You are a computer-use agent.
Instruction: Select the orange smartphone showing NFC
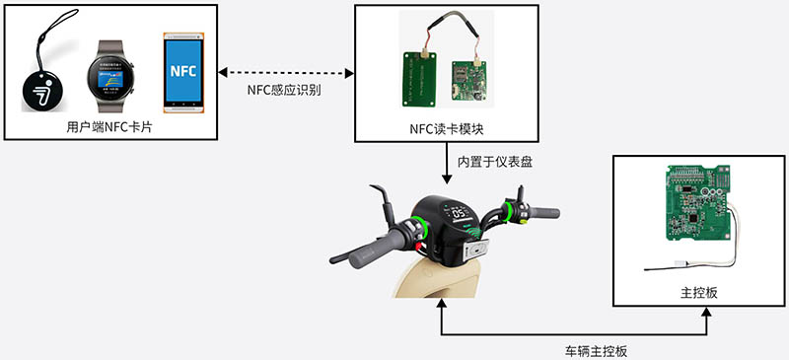coord(183,71)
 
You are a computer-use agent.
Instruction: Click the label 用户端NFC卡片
coord(108,127)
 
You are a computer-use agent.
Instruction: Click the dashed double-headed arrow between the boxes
coord(285,71)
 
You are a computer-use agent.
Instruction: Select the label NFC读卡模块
coord(446,128)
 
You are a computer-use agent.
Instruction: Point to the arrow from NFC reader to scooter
coord(446,164)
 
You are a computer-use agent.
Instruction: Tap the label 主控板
coord(693,292)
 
